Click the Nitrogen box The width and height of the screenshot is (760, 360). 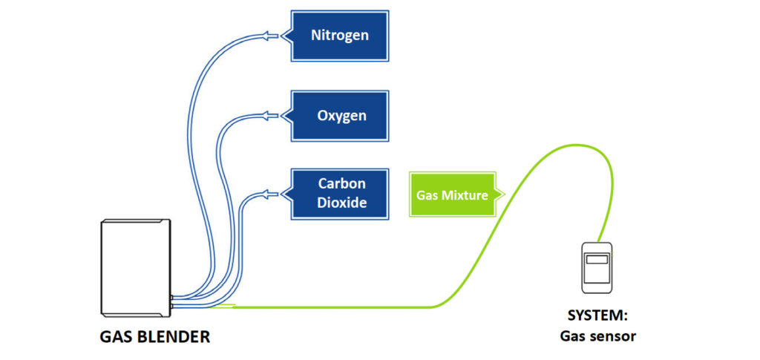click(339, 35)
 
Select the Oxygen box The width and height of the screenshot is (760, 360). click(339, 116)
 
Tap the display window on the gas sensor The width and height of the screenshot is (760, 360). click(597, 260)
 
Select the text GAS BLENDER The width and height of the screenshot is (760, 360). click(154, 337)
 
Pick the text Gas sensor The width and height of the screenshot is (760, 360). click(597, 336)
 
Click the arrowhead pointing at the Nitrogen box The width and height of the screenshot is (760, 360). click(268, 36)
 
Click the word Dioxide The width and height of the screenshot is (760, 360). click(342, 202)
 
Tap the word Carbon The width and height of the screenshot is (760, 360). click(342, 183)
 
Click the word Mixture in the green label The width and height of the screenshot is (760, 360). click(468, 194)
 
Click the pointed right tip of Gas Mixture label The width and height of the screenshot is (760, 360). click(504, 194)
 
